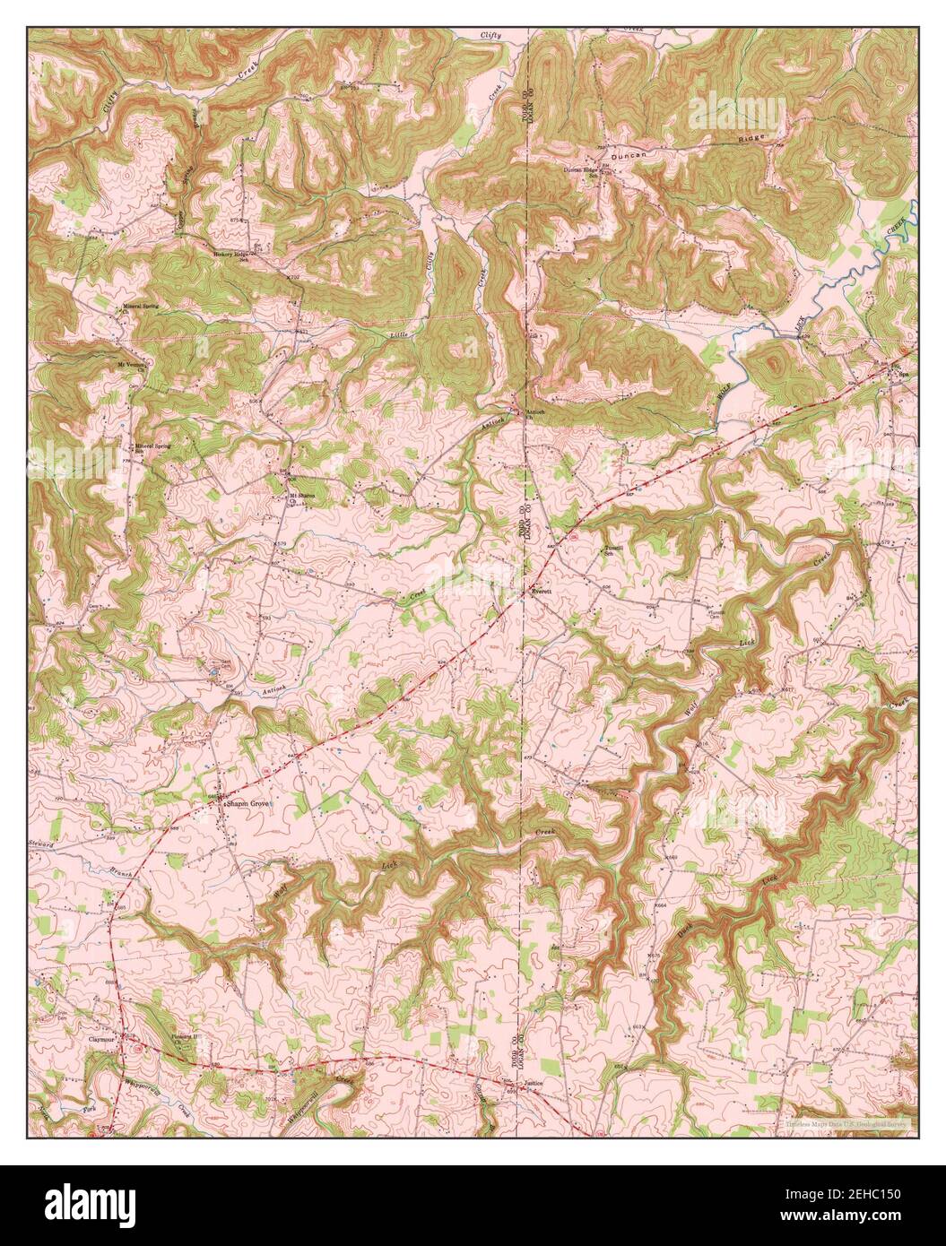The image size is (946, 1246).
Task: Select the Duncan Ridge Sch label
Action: (580, 170)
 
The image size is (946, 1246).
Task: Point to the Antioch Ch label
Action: (535, 414)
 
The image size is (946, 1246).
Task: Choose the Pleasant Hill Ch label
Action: (189, 1038)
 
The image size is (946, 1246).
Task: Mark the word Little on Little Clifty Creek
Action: (399, 334)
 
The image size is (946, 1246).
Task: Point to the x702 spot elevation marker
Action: (291, 279)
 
